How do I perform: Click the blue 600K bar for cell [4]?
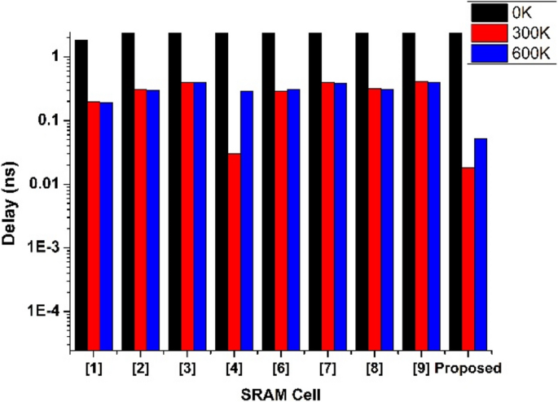pyautogui.click(x=247, y=221)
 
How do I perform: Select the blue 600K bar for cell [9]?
pyautogui.click(x=434, y=216)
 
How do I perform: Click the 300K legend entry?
pyautogui.click(x=508, y=33)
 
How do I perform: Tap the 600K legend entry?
pyautogui.click(x=508, y=53)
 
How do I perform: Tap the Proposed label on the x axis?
pyautogui.click(x=468, y=367)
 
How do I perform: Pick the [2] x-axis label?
pyautogui.click(x=141, y=367)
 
